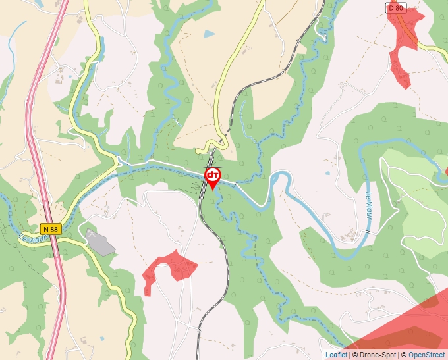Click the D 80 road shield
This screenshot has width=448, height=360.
[x=396, y=7]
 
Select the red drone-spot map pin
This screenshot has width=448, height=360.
[x=213, y=176]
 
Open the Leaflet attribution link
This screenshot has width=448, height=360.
[x=336, y=355]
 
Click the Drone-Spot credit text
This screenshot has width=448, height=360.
[x=376, y=355]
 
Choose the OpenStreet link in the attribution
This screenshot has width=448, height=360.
[x=426, y=355]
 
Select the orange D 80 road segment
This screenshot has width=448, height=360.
[x=412, y=33]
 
